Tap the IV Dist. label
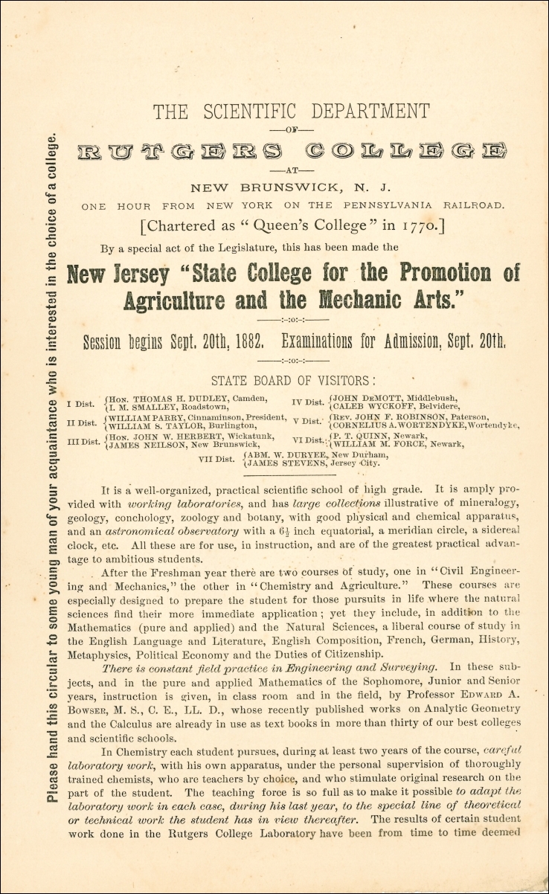coord(308,402)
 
